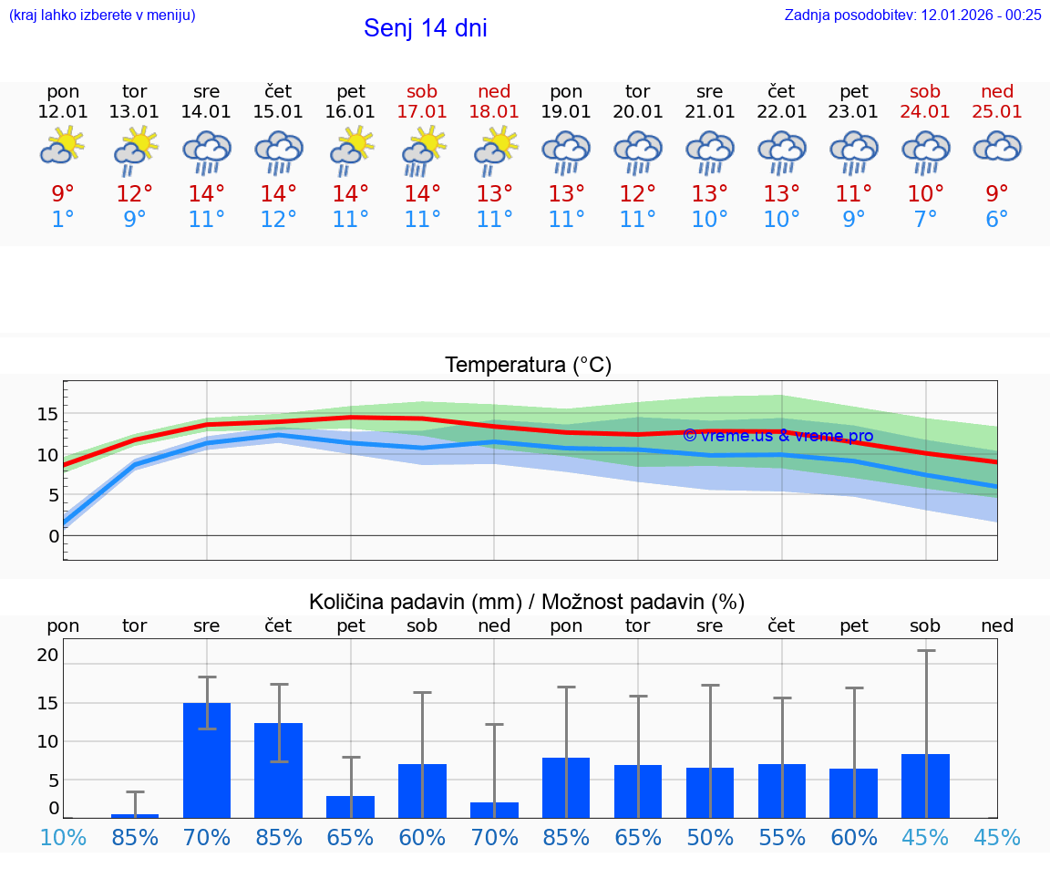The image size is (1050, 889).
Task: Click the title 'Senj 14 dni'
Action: tap(425, 28)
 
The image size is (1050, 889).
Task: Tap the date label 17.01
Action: tap(422, 111)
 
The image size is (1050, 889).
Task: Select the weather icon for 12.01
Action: tap(63, 147)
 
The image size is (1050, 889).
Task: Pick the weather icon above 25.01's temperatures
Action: tap(997, 147)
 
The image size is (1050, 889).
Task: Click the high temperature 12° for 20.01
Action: tap(638, 194)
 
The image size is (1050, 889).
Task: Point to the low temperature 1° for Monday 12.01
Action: tap(63, 220)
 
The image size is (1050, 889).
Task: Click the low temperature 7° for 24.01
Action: tap(925, 220)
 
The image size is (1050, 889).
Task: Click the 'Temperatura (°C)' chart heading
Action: tap(528, 366)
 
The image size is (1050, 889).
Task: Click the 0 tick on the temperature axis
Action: tap(53, 536)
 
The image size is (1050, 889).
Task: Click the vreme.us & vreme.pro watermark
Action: tap(777, 436)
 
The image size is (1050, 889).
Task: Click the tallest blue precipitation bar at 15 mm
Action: tap(207, 760)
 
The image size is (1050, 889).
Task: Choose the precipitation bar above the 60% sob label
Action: tap(422, 791)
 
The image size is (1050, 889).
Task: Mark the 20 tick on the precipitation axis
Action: tap(47, 655)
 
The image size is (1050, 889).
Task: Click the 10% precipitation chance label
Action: tap(63, 837)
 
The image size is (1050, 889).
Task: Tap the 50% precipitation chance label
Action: tap(710, 837)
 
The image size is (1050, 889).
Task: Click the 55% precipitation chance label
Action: tap(781, 837)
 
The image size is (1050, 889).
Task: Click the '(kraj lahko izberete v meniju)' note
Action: tap(102, 15)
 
